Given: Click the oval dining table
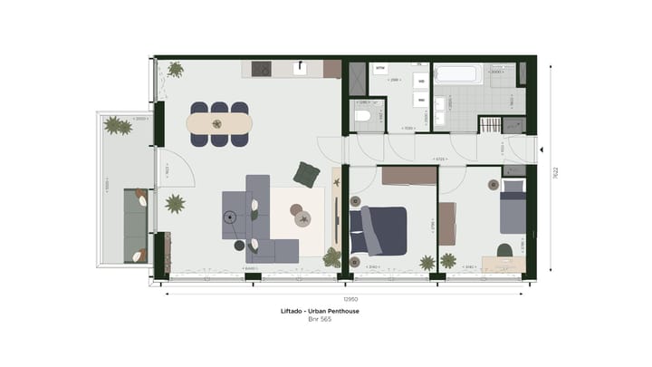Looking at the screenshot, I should coord(219,124).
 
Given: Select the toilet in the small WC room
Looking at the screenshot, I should coord(363,115).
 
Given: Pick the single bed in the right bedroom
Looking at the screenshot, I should coord(513,208).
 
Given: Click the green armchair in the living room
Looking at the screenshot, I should coord(308,173).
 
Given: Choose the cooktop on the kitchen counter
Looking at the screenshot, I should coord(263,69).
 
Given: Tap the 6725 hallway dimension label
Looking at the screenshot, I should coord(438,159).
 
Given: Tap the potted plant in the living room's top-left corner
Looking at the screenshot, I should coord(175,70).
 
